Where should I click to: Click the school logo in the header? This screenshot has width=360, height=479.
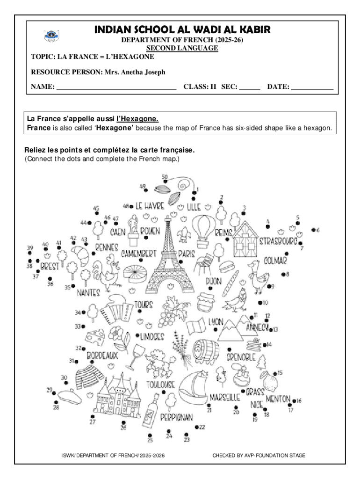[x=50, y=35]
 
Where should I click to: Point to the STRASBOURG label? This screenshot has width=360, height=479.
[x=278, y=241]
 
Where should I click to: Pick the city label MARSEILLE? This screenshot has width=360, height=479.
[x=224, y=397]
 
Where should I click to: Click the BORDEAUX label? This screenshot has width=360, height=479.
[x=101, y=356]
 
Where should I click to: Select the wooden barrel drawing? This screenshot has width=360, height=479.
[x=206, y=350]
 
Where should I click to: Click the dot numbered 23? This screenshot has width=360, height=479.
[x=187, y=434]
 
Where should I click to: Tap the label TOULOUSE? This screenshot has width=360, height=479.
[x=161, y=385]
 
